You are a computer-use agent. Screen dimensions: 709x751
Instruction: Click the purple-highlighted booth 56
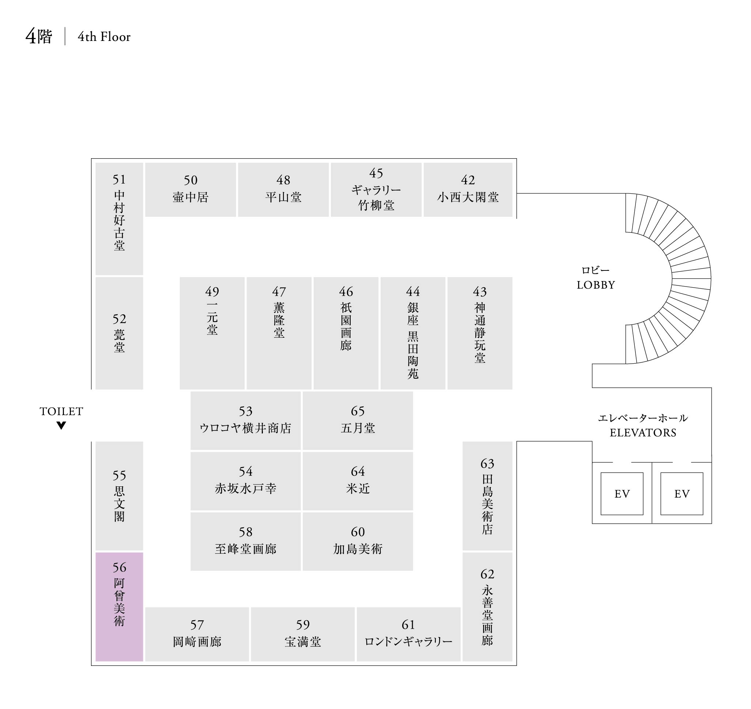(x=119, y=607)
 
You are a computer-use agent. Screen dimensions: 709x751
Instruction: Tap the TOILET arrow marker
(x=61, y=425)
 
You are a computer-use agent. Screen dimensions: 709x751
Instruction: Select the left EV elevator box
(x=622, y=494)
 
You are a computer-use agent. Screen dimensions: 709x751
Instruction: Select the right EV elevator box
(x=682, y=494)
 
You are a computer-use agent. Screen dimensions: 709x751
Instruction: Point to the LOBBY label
(x=596, y=285)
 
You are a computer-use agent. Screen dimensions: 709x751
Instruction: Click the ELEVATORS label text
(x=643, y=432)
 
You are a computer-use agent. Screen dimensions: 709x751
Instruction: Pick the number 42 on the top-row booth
(x=468, y=180)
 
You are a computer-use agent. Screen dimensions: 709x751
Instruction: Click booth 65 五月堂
(x=357, y=420)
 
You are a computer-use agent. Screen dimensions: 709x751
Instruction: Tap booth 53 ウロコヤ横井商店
(x=245, y=420)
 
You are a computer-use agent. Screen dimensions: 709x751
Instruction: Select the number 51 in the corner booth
(x=119, y=179)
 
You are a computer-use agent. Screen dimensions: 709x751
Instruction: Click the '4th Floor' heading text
(x=104, y=37)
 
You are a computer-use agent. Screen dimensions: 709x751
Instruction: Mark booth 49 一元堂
(x=212, y=333)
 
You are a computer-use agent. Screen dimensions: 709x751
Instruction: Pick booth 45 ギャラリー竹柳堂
(x=376, y=190)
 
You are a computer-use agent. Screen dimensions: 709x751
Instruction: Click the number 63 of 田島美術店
(x=487, y=463)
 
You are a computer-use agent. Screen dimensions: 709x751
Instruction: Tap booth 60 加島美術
(x=357, y=541)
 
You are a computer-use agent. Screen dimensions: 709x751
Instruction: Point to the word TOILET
(x=61, y=411)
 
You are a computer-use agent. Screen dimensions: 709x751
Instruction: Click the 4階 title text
(x=38, y=37)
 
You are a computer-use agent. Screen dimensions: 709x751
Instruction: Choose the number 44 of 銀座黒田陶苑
(x=412, y=291)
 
